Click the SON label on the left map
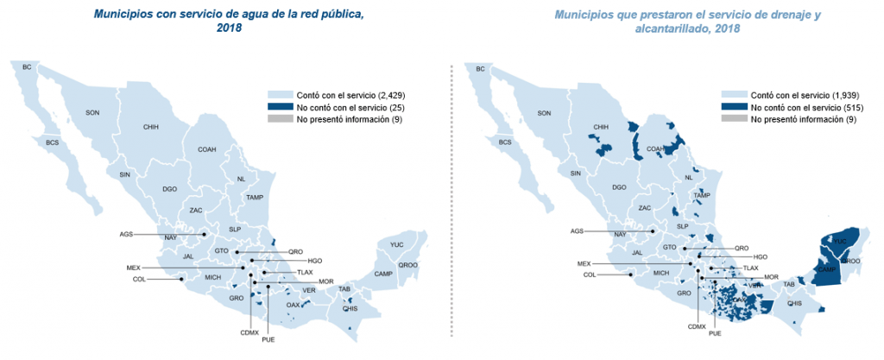coord(92,113)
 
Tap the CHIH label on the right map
coord(602,127)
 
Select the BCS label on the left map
coord(53,142)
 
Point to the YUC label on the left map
coord(396,244)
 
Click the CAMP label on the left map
coord(383,274)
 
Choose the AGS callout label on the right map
coord(578,231)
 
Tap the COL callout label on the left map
coord(139,279)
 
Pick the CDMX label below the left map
coord(249,332)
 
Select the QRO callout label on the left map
coord(296,251)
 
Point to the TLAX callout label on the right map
coord(751,268)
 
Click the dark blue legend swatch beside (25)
coord(280,107)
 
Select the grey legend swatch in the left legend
coord(280,119)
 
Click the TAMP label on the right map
coord(701,195)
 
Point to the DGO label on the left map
coord(169,188)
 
